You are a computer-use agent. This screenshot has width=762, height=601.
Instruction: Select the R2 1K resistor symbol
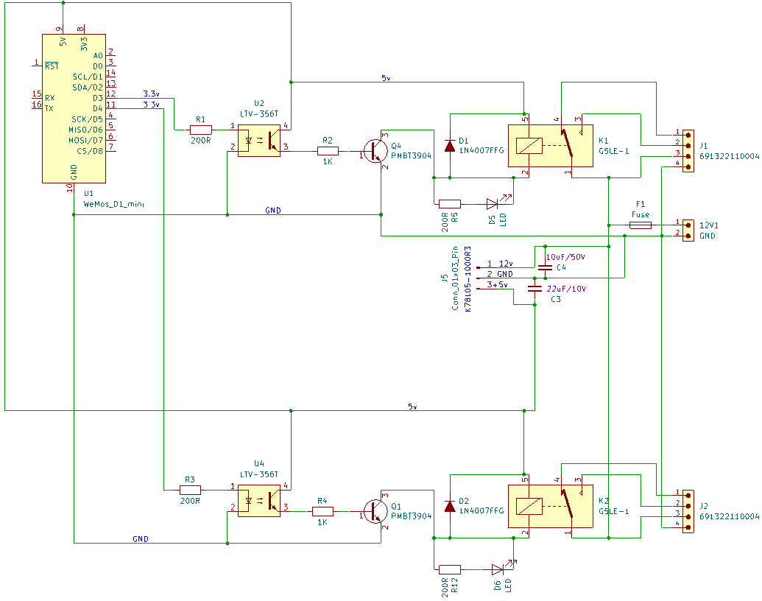[x=328, y=151]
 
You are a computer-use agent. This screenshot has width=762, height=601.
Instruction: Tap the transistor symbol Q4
[x=376, y=150]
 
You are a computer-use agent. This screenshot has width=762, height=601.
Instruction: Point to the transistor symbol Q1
[x=376, y=510]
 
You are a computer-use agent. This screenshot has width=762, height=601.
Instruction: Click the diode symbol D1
[x=449, y=145]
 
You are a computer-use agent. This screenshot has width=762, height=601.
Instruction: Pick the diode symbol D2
[x=449, y=506]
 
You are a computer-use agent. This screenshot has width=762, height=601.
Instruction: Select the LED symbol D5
[x=493, y=203]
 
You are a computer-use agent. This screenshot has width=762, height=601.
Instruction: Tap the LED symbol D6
[x=498, y=569]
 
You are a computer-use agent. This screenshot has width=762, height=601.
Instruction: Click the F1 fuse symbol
[x=640, y=224]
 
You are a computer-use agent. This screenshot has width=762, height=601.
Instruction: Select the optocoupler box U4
[x=258, y=499]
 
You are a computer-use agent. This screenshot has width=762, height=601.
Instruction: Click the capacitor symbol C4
[x=545, y=266]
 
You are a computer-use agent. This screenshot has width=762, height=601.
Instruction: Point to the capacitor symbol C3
[x=535, y=289]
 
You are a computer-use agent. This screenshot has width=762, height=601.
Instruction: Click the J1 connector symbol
[x=688, y=151]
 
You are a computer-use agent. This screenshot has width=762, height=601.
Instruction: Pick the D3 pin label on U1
[x=97, y=98]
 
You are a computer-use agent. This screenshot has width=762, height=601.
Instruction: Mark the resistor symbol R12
[x=449, y=569]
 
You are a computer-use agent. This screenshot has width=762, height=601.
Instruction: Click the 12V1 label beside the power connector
[x=709, y=225]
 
